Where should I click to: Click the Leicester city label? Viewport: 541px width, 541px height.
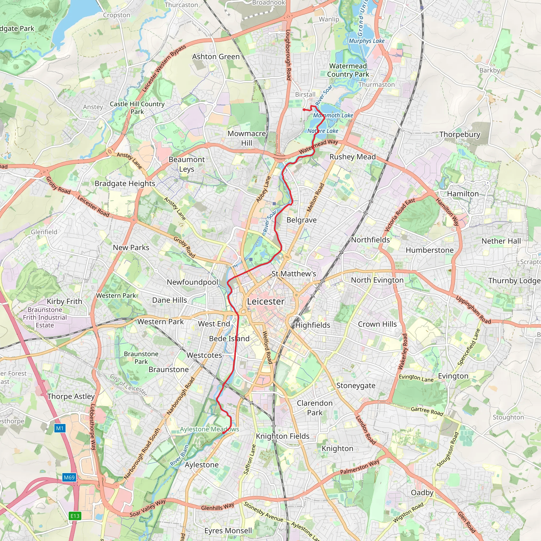coord(266,302)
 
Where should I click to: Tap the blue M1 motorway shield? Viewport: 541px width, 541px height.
coord(60,428)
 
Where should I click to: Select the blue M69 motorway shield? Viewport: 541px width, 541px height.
coord(69,477)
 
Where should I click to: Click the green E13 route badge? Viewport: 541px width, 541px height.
coord(75,516)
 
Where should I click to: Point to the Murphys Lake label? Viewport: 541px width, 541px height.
coord(367,41)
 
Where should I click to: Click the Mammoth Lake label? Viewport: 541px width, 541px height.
coord(333,115)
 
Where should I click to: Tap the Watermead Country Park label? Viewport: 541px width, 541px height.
coord(348,70)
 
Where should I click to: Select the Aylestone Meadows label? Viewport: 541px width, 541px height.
coord(209,429)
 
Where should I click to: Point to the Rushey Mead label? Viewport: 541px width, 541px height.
coord(353,157)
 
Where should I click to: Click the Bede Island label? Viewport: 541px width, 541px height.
coord(229,339)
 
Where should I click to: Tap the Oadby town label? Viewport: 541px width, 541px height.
coord(422,493)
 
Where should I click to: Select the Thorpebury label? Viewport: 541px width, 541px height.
coord(460,134)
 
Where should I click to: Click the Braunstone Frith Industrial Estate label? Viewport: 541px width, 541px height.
coord(45,318)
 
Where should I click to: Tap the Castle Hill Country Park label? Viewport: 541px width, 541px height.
coord(137,108)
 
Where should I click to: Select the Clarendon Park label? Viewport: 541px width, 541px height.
coord(315,408)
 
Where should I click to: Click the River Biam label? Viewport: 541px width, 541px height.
coord(179,455)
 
